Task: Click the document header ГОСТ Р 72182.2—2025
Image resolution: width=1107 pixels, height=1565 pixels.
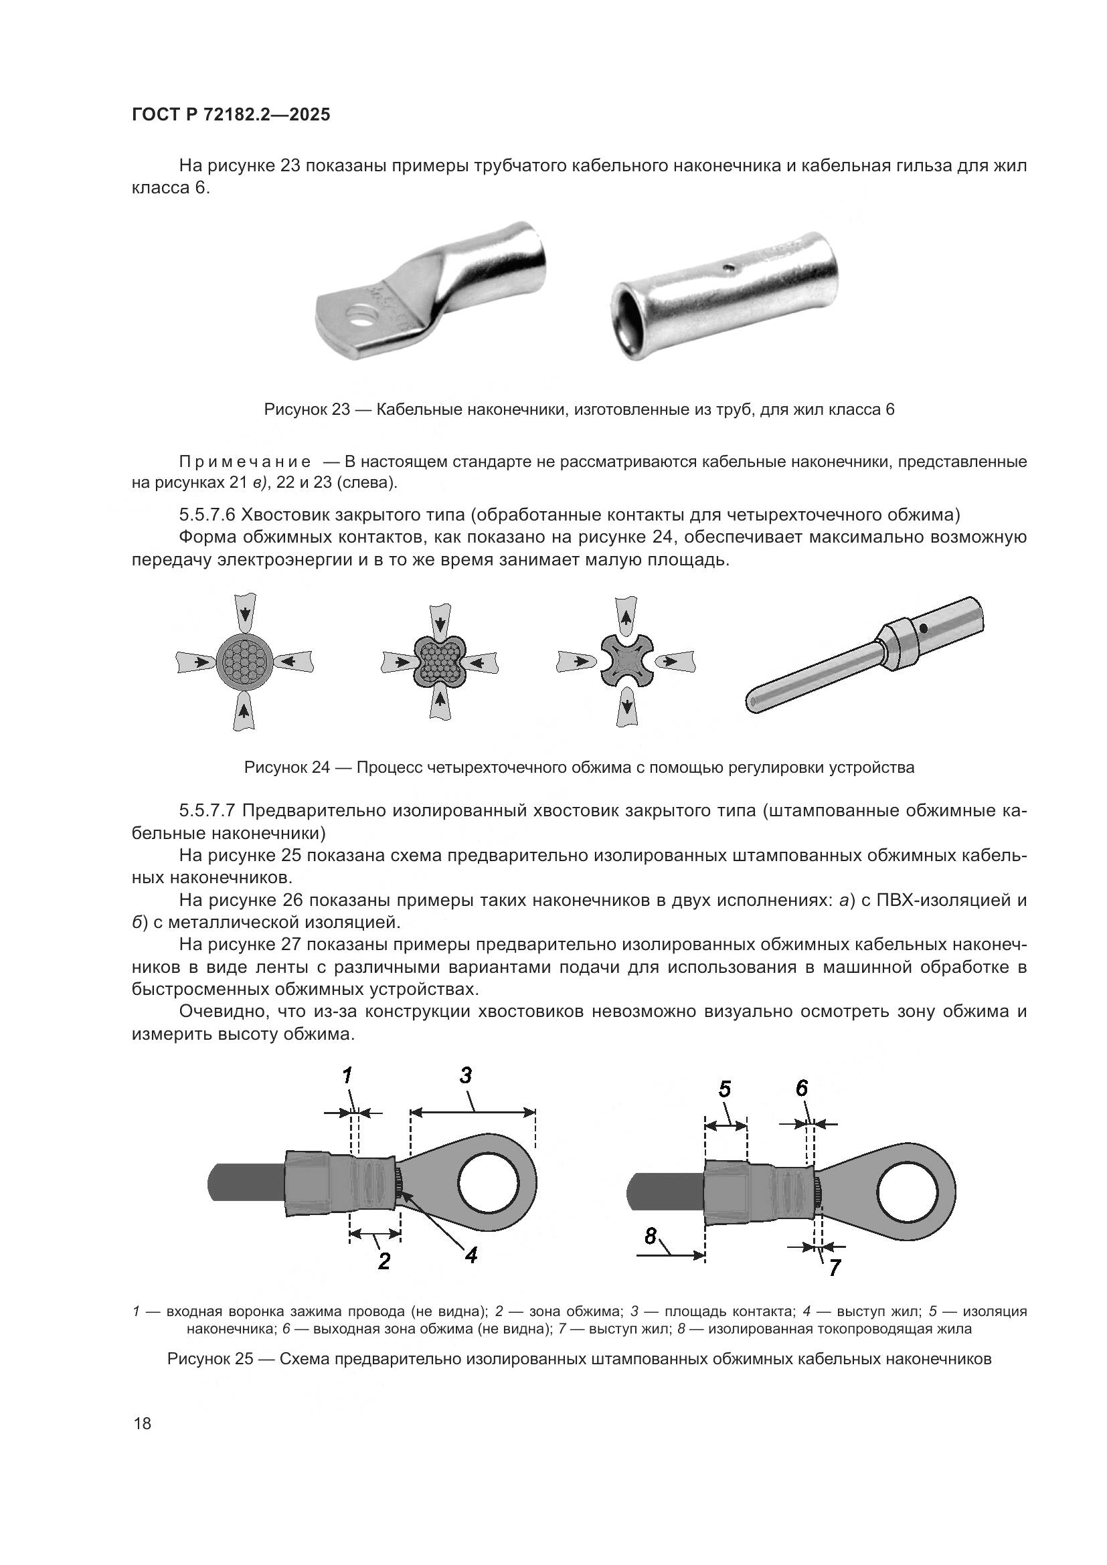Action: [230, 114]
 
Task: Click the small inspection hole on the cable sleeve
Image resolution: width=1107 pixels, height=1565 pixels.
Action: [730, 267]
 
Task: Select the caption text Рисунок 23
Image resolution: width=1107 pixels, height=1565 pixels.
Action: [306, 409]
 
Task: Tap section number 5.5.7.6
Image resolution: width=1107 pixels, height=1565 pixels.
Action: [208, 513]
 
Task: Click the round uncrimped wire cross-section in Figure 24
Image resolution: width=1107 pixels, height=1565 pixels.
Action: [245, 661]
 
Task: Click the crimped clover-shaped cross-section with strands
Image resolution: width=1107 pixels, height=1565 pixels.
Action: [440, 661]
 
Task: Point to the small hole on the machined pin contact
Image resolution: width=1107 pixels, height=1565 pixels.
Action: [923, 628]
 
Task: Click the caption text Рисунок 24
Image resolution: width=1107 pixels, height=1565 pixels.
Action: [286, 767]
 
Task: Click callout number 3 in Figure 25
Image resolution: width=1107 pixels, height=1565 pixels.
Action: [466, 1076]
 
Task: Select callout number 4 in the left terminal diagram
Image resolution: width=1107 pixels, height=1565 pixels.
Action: [471, 1255]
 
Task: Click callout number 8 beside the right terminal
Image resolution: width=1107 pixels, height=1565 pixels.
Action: [651, 1235]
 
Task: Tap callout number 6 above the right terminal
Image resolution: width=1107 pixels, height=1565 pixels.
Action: [802, 1089]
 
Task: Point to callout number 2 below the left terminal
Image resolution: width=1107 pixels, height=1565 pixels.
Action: [384, 1262]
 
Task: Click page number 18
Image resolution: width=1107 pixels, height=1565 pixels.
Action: [143, 1423]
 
